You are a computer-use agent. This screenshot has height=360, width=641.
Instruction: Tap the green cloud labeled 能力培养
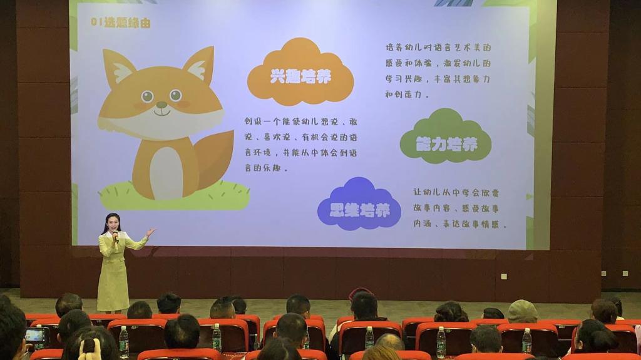446,136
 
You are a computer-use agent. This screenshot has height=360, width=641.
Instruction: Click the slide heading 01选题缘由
121,23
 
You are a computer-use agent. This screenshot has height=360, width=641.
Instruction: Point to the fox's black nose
162,105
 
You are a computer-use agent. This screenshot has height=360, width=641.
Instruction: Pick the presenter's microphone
116,235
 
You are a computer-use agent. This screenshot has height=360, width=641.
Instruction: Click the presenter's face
111,224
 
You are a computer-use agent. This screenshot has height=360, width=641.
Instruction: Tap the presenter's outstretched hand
150,232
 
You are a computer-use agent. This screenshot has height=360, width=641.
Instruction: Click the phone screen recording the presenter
36,334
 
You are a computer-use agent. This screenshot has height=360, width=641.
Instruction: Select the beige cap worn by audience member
523,311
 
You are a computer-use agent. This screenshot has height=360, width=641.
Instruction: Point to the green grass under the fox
175,196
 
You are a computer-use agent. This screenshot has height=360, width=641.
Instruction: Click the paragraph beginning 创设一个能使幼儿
300,145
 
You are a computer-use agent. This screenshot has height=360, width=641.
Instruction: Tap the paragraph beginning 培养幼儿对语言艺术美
438,71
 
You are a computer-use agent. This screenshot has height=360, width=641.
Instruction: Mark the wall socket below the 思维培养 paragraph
504,277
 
